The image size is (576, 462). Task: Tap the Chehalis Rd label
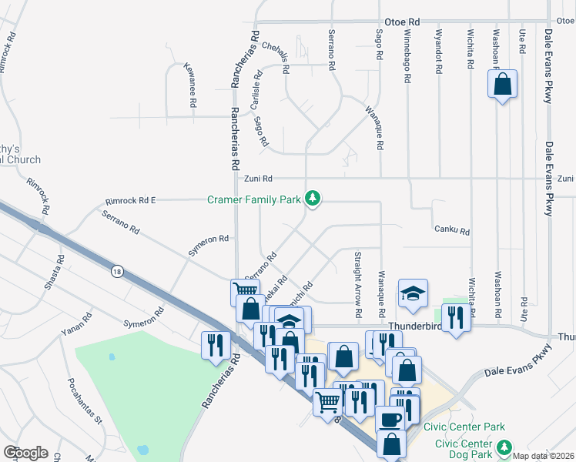click(x=275, y=57)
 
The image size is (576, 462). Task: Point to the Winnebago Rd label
click(x=407, y=52)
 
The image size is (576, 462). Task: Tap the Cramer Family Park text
click(x=254, y=199)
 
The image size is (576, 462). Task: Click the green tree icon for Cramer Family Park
click(x=313, y=199)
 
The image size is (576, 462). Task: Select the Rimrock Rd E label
click(x=130, y=201)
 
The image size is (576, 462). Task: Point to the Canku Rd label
click(x=452, y=229)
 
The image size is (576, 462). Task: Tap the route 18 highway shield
click(x=116, y=271)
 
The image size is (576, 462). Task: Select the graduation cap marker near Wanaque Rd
click(x=413, y=293)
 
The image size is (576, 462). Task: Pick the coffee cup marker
click(x=390, y=420)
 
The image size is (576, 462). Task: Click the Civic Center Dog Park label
click(x=464, y=448)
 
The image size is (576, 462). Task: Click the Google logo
click(x=25, y=453)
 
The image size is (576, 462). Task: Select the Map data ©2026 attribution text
click(x=544, y=456)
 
